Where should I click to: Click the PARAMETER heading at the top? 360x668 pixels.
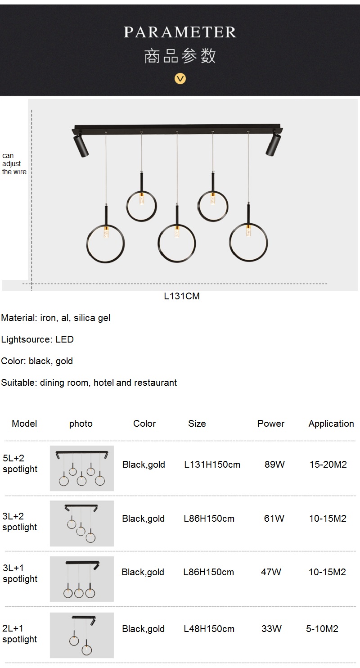click(x=180, y=32)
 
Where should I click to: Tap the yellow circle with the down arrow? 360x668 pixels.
click(x=180, y=79)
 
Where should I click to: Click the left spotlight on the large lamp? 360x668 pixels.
click(x=81, y=145)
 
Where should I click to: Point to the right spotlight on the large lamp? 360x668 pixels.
click(x=273, y=144)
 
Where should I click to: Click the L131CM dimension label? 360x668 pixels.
click(x=182, y=296)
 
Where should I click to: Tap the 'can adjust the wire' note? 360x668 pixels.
click(x=14, y=164)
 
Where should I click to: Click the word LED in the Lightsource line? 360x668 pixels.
click(x=65, y=339)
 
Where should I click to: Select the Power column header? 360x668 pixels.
click(x=271, y=424)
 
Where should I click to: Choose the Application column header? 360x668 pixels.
click(x=331, y=424)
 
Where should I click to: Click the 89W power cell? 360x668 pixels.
click(x=275, y=465)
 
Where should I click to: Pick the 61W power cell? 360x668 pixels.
click(x=274, y=518)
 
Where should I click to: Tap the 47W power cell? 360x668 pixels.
click(x=271, y=572)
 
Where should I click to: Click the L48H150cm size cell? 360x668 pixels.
click(x=209, y=629)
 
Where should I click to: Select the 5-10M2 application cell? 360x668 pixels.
click(x=322, y=629)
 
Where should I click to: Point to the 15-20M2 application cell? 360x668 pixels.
click(x=328, y=465)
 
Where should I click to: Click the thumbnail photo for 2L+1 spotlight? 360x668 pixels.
click(x=81, y=635)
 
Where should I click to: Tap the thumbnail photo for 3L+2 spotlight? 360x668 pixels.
click(x=81, y=524)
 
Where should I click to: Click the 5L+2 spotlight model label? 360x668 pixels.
click(x=20, y=464)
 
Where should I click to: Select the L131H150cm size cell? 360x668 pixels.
click(x=212, y=465)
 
